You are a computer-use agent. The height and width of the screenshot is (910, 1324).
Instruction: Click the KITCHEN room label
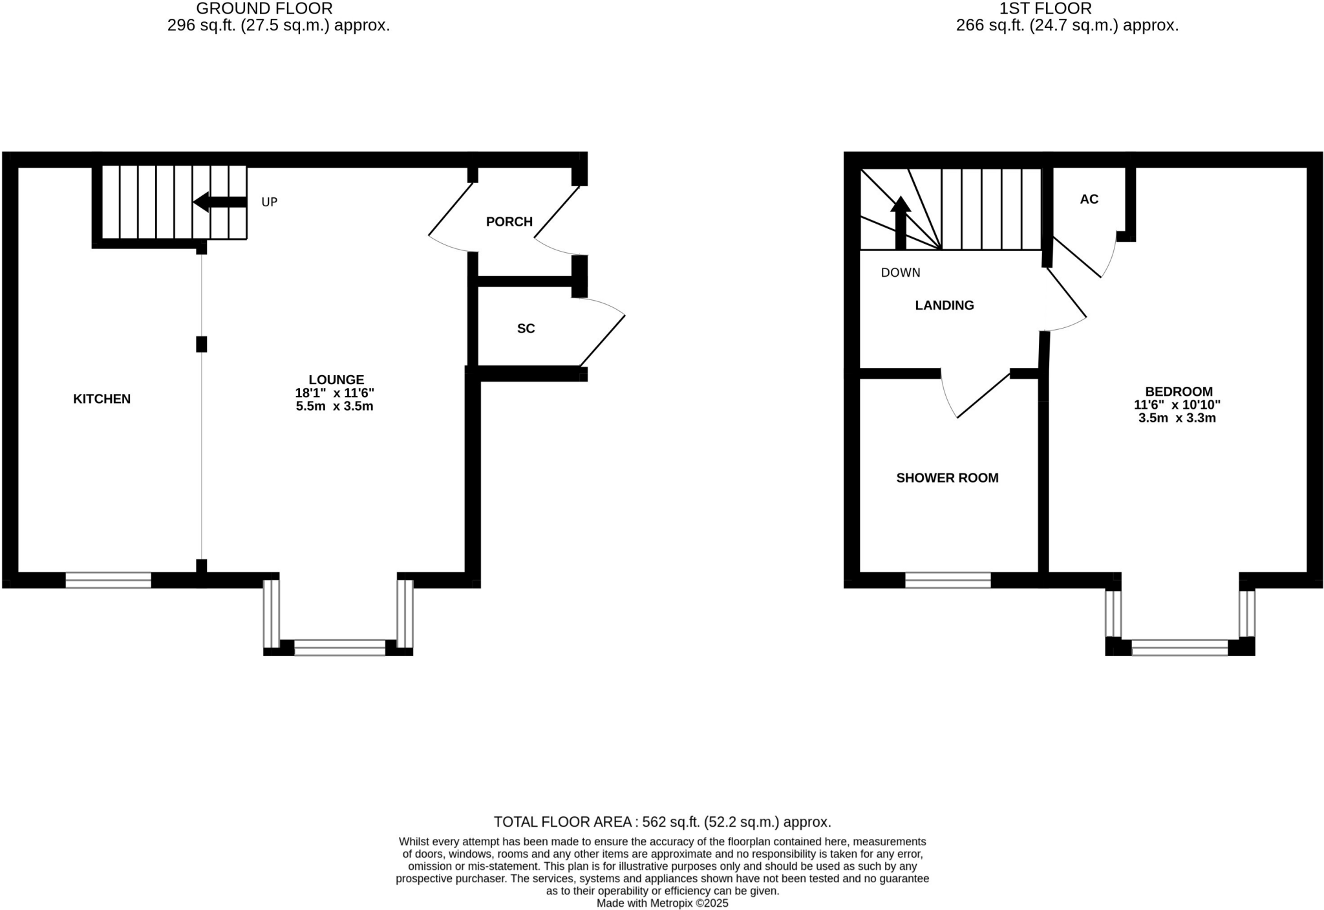pyautogui.click(x=101, y=399)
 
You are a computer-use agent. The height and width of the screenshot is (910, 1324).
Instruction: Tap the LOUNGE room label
pyautogui.click(x=336, y=380)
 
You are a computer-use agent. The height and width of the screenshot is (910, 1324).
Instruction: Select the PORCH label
pyautogui.click(x=509, y=222)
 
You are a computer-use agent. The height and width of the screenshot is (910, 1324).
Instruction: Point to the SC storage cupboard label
pyautogui.click(x=526, y=329)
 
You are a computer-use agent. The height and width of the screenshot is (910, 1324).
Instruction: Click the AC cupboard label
pyautogui.click(x=1089, y=199)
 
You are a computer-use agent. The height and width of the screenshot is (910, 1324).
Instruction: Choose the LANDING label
pyautogui.click(x=945, y=305)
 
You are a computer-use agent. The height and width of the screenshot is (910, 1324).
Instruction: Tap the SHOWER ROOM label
pyautogui.click(x=947, y=478)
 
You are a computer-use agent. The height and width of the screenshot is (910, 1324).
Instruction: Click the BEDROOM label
pyautogui.click(x=1179, y=391)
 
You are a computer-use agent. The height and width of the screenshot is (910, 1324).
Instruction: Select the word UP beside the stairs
pyautogui.click(x=270, y=202)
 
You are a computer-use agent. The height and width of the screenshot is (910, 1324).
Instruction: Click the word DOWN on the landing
pyautogui.click(x=901, y=273)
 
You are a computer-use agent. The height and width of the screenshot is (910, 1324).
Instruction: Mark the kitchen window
pyautogui.click(x=109, y=580)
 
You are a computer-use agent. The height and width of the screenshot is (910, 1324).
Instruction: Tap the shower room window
pyautogui.click(x=948, y=580)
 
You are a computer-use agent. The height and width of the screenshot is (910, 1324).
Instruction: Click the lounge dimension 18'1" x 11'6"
pyautogui.click(x=335, y=393)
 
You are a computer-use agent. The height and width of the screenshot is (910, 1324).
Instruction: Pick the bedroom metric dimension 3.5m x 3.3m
pyautogui.click(x=1177, y=418)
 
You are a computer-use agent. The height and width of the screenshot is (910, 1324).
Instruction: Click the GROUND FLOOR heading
pyautogui.click(x=264, y=8)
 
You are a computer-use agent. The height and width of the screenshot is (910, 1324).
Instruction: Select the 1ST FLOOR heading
pyautogui.click(x=1045, y=8)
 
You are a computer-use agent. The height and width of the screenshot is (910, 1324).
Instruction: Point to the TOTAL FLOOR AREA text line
pyautogui.click(x=662, y=822)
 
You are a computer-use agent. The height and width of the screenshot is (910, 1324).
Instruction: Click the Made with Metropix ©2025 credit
pyautogui.click(x=662, y=904)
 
